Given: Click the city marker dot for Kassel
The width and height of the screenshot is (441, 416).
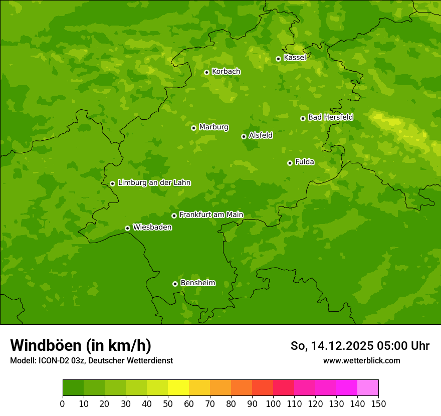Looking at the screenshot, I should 278,59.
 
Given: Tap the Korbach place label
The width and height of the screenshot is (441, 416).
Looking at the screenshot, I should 226,72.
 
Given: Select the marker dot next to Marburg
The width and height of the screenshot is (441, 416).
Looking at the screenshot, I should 193,128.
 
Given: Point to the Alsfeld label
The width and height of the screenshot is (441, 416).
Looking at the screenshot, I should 261,135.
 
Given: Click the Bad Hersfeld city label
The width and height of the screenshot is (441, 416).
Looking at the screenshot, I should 330,117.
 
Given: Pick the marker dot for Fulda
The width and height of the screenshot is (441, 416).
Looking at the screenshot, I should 290,163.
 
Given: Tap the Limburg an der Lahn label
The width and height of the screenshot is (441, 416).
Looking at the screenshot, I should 154,183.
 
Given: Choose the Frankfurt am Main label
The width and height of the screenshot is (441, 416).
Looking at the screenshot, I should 211,215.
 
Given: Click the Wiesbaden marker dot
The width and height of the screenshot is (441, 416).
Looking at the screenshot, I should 127,228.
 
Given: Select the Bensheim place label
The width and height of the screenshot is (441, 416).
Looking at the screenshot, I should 197,283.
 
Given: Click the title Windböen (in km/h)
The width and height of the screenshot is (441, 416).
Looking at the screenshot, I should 81,346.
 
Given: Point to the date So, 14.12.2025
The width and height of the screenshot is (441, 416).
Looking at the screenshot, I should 331,346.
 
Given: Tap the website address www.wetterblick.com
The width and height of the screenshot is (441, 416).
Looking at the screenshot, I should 361,361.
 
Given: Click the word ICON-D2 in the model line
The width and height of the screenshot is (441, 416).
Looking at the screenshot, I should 53,361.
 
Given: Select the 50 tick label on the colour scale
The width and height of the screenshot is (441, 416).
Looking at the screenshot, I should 168,403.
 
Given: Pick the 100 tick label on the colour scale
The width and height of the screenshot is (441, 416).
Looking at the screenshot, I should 273,403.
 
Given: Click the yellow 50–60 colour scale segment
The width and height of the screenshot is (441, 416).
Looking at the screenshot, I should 178,387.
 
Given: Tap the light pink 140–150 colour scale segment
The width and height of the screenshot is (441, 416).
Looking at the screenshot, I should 368,387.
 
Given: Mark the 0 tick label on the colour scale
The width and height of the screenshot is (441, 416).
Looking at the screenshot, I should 63,403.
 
